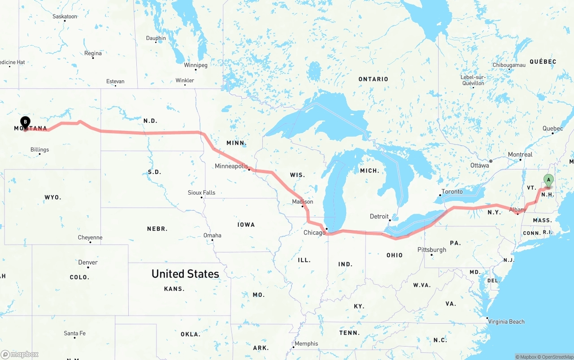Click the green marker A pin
[548, 180]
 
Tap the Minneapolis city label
[231, 166]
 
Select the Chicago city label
[314, 233]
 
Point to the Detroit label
[379, 217]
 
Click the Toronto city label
[452, 191]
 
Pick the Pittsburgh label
[432, 250]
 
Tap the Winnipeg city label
[196, 65]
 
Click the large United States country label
[185, 273]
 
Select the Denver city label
[88, 262]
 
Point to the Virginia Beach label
[506, 321]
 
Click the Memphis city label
[307, 344]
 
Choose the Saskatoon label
[65, 17]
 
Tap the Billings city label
[40, 150]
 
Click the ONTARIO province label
[373, 79]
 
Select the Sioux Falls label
[201, 193]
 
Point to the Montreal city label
[520, 155]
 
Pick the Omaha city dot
[213, 240]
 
